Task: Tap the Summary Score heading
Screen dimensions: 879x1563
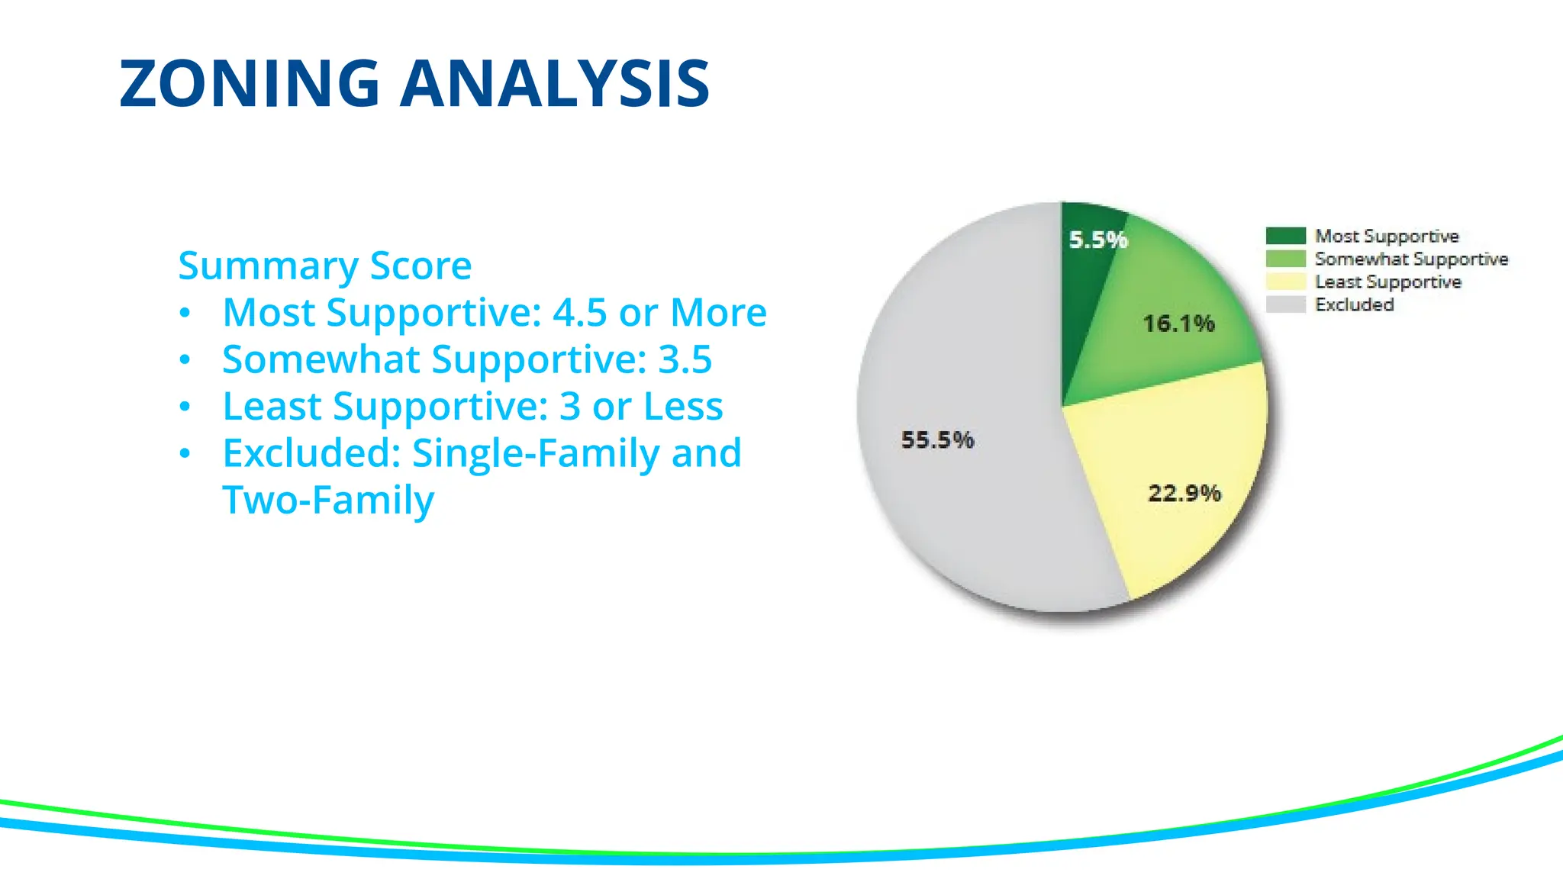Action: (324, 266)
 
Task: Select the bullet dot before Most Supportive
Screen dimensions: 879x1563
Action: (185, 313)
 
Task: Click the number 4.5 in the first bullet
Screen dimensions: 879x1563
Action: (579, 312)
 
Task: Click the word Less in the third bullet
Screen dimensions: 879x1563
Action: (683, 406)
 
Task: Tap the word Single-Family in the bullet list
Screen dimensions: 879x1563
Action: (537, 453)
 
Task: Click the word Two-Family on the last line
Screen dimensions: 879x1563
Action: (328, 501)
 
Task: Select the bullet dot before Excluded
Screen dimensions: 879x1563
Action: (185, 454)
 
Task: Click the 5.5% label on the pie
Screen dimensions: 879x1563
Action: (1098, 240)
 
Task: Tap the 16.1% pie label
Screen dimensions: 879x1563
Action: (1178, 324)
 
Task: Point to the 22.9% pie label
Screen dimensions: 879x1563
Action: (1184, 493)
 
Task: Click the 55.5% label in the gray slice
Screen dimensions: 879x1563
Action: (937, 439)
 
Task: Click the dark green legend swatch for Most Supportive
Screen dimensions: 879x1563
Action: (1285, 236)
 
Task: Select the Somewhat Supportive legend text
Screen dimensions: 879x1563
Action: (1411, 259)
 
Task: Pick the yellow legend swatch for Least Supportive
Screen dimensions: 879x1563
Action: (1285, 282)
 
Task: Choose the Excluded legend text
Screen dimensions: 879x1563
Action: (1354, 304)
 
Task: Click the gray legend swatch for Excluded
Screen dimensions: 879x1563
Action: (1285, 304)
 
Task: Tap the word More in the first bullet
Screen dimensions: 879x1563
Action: (718, 312)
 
